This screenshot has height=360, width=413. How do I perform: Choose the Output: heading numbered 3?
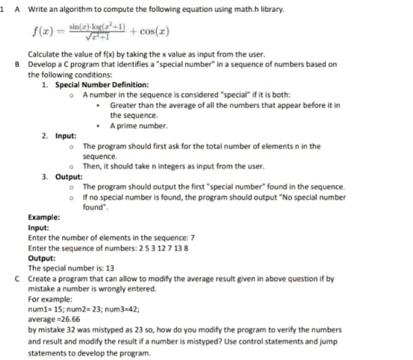point(70,176)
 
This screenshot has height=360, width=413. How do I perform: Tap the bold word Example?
point(44,217)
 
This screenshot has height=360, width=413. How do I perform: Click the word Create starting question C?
point(40,278)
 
